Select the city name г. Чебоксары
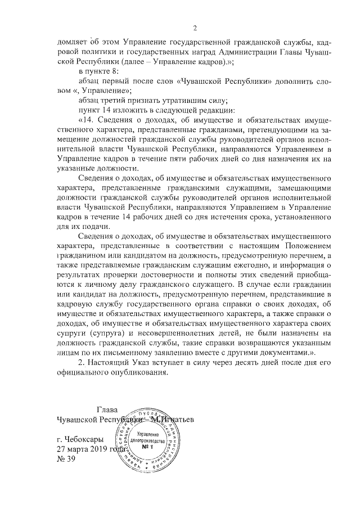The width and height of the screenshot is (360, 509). (x=80, y=439)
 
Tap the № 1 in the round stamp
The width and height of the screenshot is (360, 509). (x=148, y=447)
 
